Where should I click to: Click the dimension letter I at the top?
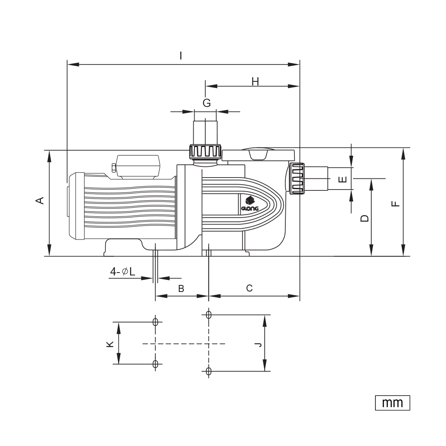point(180,56)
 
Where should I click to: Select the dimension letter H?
point(255,82)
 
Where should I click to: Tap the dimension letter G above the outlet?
point(207,103)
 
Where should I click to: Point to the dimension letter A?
point(40,200)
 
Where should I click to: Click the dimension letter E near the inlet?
point(343,179)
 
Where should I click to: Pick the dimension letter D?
point(364,218)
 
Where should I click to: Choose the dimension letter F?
point(396,204)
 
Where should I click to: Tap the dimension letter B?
point(181,288)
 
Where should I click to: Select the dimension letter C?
point(249,288)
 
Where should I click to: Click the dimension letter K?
point(110,344)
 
